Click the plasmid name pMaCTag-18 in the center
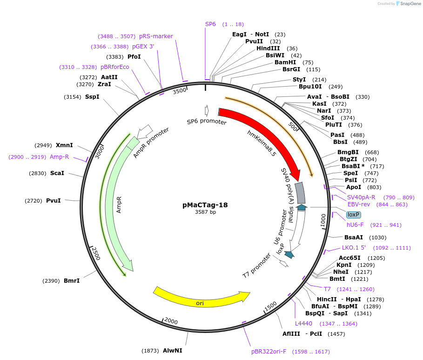pos(205,205)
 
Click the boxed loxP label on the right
pos(354,215)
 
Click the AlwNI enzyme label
pos(173,350)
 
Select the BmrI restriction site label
pos(72,281)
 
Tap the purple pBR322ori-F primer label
pos(269,352)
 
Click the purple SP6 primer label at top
pos(211,24)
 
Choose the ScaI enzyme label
pos(57,173)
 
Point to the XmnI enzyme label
pos(64,145)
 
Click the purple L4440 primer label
pos(303,323)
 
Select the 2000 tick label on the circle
pos(171,321)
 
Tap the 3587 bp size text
pos(205,212)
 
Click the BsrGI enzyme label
pos(295,69)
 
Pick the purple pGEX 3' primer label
pos(143,47)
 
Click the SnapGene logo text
pos(411,3)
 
